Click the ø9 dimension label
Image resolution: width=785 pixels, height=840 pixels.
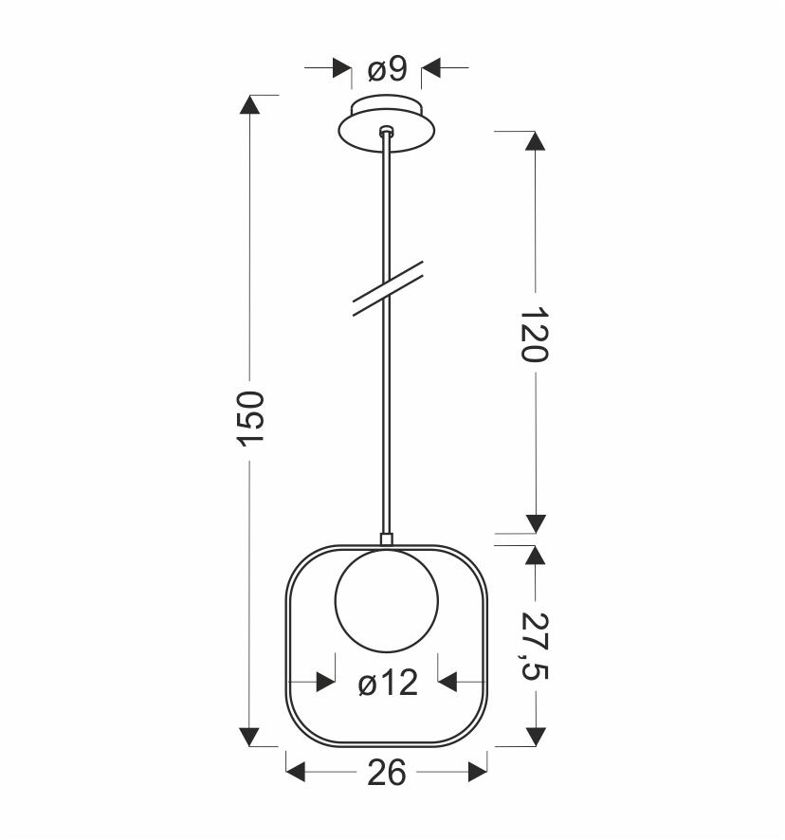(387, 68)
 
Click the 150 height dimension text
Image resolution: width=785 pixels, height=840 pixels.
(249, 418)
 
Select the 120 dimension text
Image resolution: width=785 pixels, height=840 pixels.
(535, 334)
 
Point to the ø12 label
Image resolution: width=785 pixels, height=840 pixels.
(388, 683)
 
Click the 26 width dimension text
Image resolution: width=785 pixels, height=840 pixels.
(386, 774)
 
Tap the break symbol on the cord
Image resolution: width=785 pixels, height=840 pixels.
(388, 288)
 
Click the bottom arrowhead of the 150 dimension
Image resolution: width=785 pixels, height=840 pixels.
(249, 737)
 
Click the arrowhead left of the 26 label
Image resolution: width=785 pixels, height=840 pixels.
(296, 774)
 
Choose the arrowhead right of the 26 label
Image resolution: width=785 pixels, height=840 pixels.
(477, 774)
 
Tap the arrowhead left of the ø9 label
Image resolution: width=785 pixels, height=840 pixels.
(340, 68)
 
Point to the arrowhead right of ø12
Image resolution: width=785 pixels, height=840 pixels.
(447, 683)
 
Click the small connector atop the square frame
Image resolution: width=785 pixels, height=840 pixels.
(386, 539)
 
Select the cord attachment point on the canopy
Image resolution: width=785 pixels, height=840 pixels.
(385, 132)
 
